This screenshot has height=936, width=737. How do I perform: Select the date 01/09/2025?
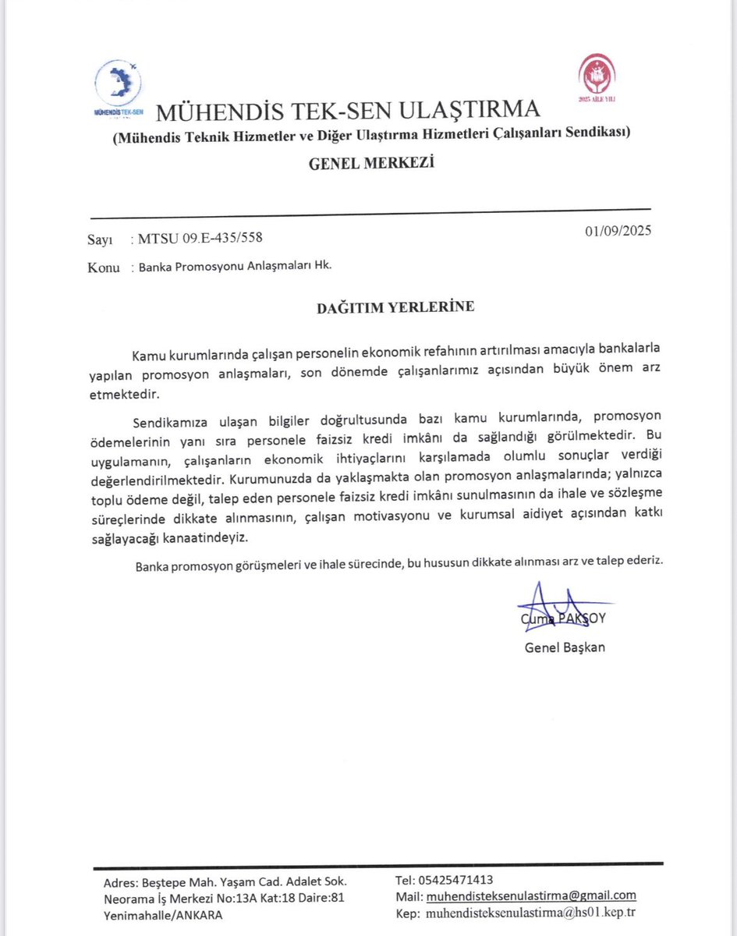point(617,232)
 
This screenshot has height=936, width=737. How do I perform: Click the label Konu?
point(104,267)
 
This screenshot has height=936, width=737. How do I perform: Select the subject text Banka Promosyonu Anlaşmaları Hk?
point(235,265)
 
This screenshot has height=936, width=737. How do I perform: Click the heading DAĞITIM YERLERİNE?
point(395,307)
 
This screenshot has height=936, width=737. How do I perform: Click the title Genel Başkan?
point(565,647)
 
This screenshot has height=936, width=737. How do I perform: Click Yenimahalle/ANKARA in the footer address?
point(162,915)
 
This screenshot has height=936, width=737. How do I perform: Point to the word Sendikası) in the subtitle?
point(600,134)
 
